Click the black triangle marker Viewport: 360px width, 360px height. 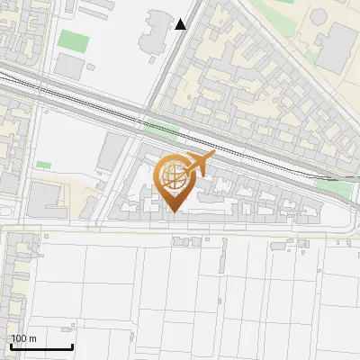pos(181,24)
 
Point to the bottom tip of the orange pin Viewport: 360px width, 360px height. pos(174,211)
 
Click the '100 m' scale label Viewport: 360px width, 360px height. pos(23,338)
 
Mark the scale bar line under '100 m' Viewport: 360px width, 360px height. pos(41,346)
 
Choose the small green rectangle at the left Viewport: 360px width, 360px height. pos(43,165)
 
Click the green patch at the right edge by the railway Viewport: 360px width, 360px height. pos(332,188)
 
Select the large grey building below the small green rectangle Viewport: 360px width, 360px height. pos(47,200)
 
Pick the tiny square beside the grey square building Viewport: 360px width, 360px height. pos(91,66)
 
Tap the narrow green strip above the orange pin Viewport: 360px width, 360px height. pos(163,128)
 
